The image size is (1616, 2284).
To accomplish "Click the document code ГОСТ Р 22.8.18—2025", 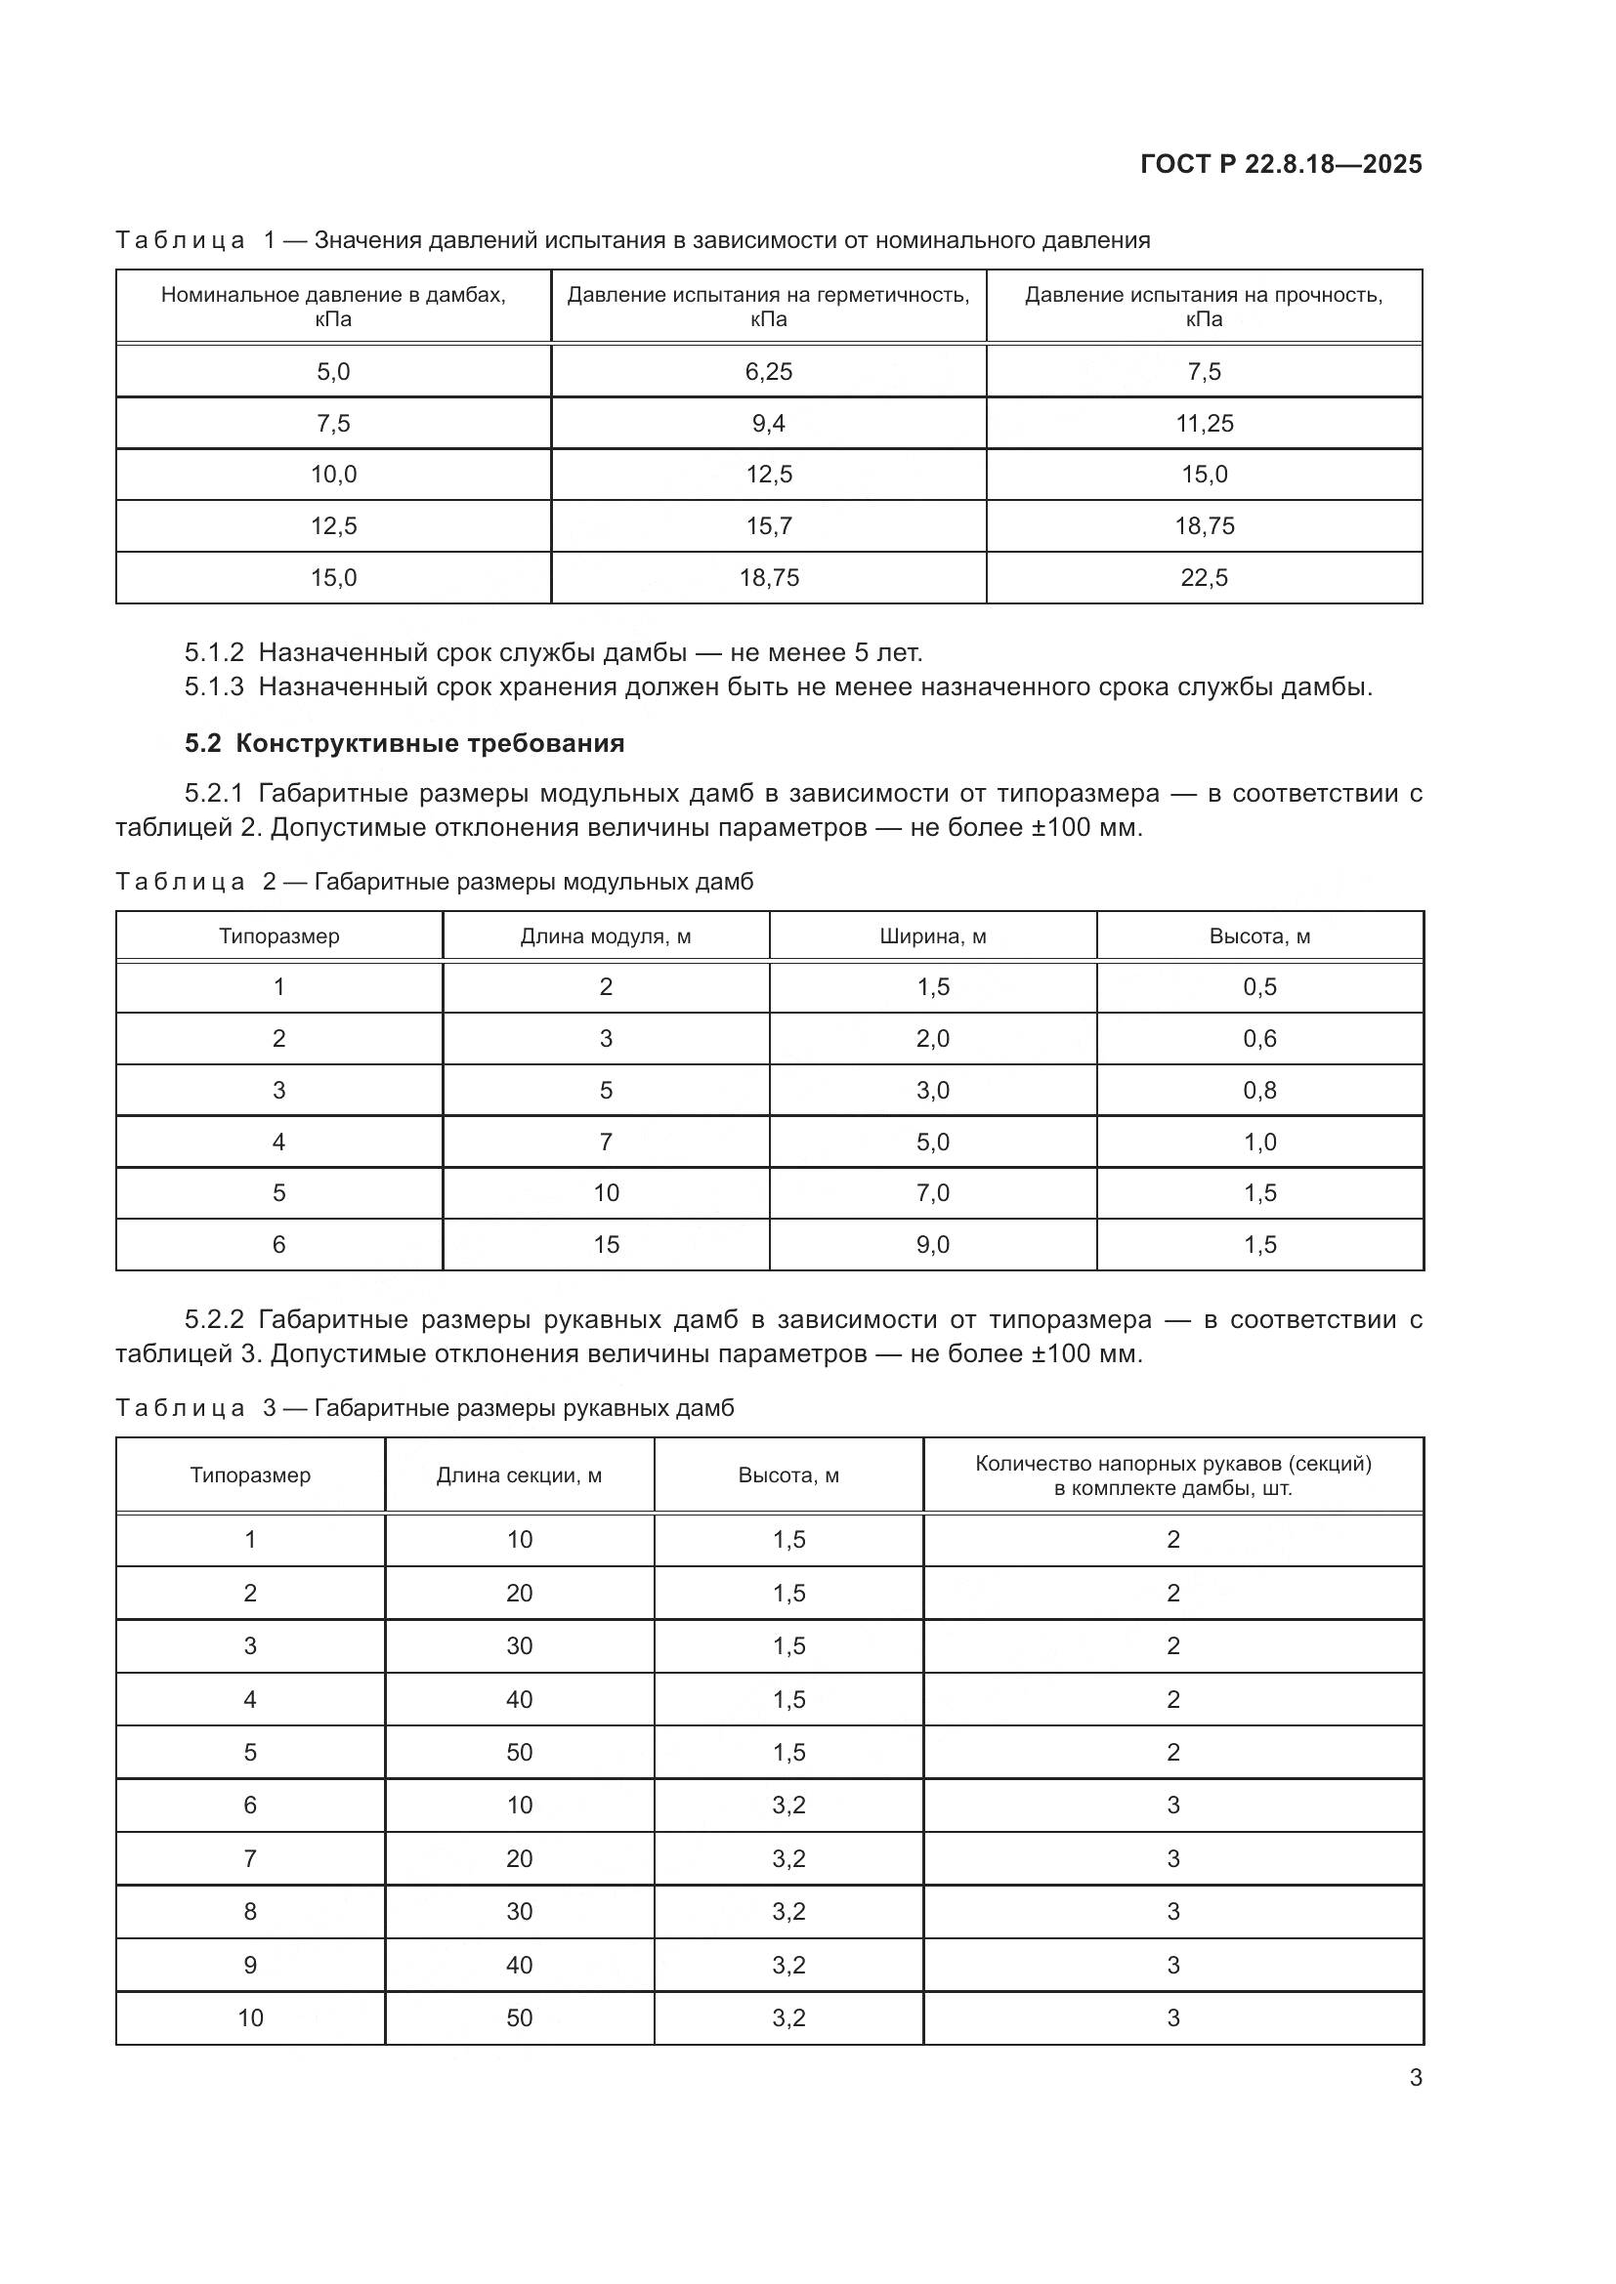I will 1281,164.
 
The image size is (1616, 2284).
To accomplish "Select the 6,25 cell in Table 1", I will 768,371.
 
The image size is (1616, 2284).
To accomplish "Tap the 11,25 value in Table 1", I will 1204,423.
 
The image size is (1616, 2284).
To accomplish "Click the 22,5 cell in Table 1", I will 1204,577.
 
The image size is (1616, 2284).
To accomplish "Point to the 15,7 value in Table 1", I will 768,525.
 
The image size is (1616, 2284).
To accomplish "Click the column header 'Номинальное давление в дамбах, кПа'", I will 333,307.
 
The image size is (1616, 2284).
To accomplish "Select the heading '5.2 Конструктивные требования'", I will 404,743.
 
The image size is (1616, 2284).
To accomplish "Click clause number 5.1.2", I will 213,652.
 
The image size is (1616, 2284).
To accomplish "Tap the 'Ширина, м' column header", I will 932,936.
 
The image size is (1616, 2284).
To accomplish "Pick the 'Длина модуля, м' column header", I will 605,936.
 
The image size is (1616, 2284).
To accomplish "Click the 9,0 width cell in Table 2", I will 932,1243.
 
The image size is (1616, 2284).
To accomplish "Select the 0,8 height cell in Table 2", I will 1259,1090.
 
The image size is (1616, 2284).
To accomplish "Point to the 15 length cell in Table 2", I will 605,1243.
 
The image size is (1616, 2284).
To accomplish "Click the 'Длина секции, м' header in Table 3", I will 519,1475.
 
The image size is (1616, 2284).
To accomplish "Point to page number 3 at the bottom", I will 1415,2077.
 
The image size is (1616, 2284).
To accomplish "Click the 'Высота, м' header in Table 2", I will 1259,936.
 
